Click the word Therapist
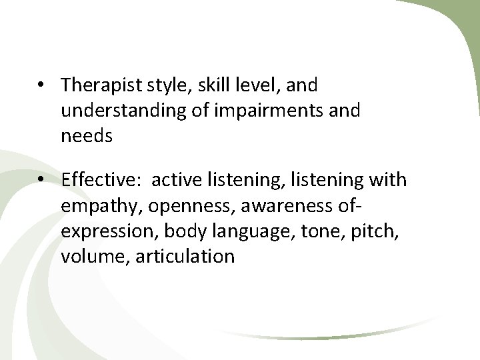click(97, 85)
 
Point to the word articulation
click(185, 256)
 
